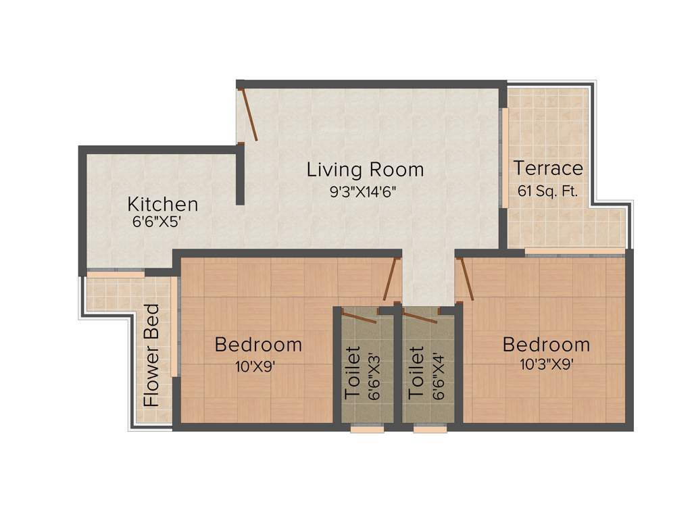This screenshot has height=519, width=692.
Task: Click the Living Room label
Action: click(365, 170)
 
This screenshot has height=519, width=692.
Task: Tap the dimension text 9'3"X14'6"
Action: click(362, 191)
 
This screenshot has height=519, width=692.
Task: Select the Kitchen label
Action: click(163, 204)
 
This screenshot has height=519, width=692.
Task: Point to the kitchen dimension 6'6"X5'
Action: click(157, 221)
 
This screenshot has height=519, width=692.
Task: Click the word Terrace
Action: click(548, 168)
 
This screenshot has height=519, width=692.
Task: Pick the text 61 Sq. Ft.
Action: click(548, 191)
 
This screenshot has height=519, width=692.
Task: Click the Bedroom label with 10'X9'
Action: click(258, 345)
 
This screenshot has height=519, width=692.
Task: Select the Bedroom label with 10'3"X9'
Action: click(546, 345)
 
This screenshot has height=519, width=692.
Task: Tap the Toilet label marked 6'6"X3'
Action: click(353, 373)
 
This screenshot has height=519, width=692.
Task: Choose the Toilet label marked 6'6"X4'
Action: click(416, 373)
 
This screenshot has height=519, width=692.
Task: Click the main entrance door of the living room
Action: click(249, 115)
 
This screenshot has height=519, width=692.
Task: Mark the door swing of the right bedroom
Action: click(466, 280)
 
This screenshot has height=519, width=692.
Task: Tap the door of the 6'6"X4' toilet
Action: click(420, 317)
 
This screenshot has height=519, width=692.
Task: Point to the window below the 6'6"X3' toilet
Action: click(368, 428)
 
